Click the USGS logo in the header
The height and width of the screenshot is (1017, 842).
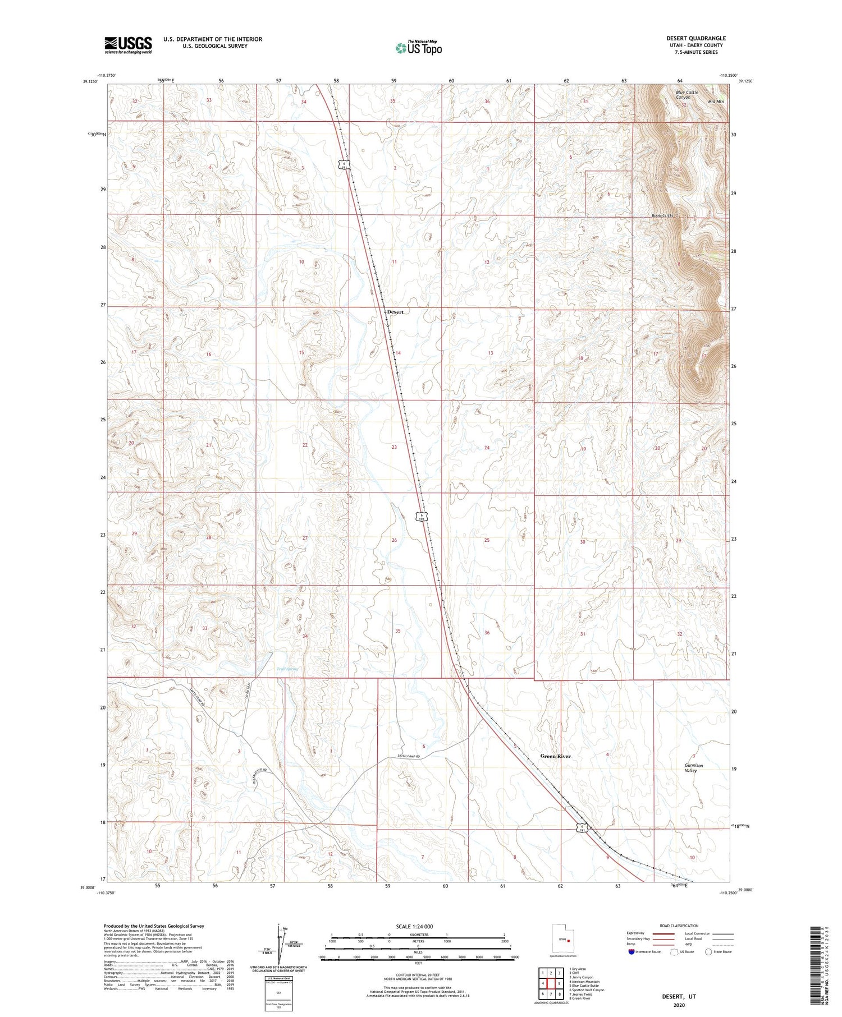click(x=128, y=45)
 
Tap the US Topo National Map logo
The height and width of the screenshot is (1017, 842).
click(x=418, y=47)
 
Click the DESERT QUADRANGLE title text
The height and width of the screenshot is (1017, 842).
click(x=695, y=38)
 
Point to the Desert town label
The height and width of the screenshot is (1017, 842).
click(x=395, y=312)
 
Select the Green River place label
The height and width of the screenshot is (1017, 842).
click(x=555, y=756)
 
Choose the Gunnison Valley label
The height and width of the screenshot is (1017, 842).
click(x=694, y=768)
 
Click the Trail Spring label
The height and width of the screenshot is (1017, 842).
click(x=288, y=669)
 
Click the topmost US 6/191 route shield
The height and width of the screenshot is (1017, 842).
click(x=344, y=165)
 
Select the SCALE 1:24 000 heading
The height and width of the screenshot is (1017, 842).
click(x=418, y=927)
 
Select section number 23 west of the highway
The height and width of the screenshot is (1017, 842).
click(x=394, y=447)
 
